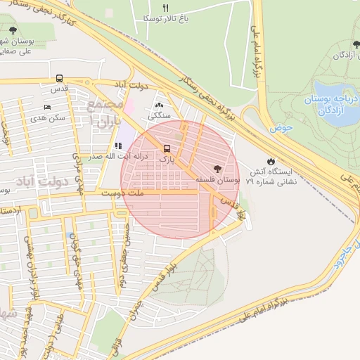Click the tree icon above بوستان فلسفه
(x=216, y=168)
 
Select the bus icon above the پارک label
(x=167, y=148)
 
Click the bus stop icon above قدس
(x=59, y=79)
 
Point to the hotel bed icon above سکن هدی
(x=47, y=107)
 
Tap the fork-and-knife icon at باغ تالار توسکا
(x=166, y=8)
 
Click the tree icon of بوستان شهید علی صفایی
(x=13, y=29)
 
